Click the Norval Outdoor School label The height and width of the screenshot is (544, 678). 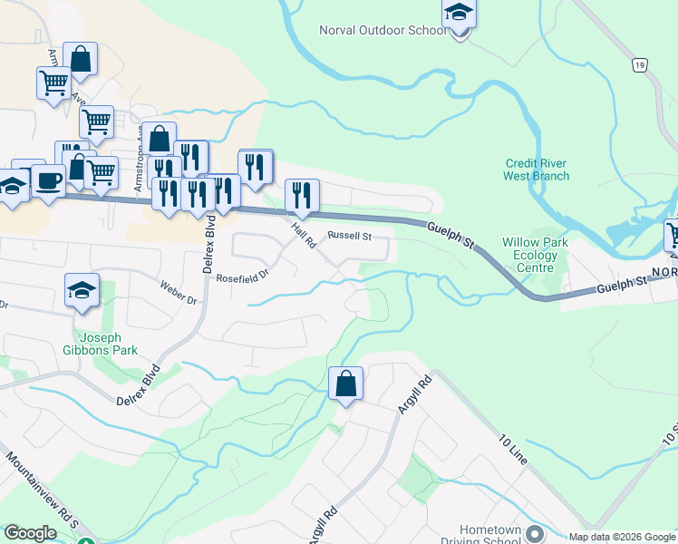point(383,30)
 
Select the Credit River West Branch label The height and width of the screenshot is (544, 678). point(538,170)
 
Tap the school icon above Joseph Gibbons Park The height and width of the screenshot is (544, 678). point(82,291)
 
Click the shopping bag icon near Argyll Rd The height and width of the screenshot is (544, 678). point(345,384)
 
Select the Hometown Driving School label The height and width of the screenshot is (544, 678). point(490,535)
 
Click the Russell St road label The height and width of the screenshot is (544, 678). point(350,236)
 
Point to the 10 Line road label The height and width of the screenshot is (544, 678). point(512,451)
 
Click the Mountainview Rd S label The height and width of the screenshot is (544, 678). point(41,491)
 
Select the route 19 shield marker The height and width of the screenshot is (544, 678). point(640,65)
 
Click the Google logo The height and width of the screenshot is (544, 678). point(30,533)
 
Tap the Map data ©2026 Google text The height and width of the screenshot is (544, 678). point(622,537)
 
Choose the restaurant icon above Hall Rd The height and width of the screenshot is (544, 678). point(302,195)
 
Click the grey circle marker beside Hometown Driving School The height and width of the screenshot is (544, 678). point(534,532)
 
